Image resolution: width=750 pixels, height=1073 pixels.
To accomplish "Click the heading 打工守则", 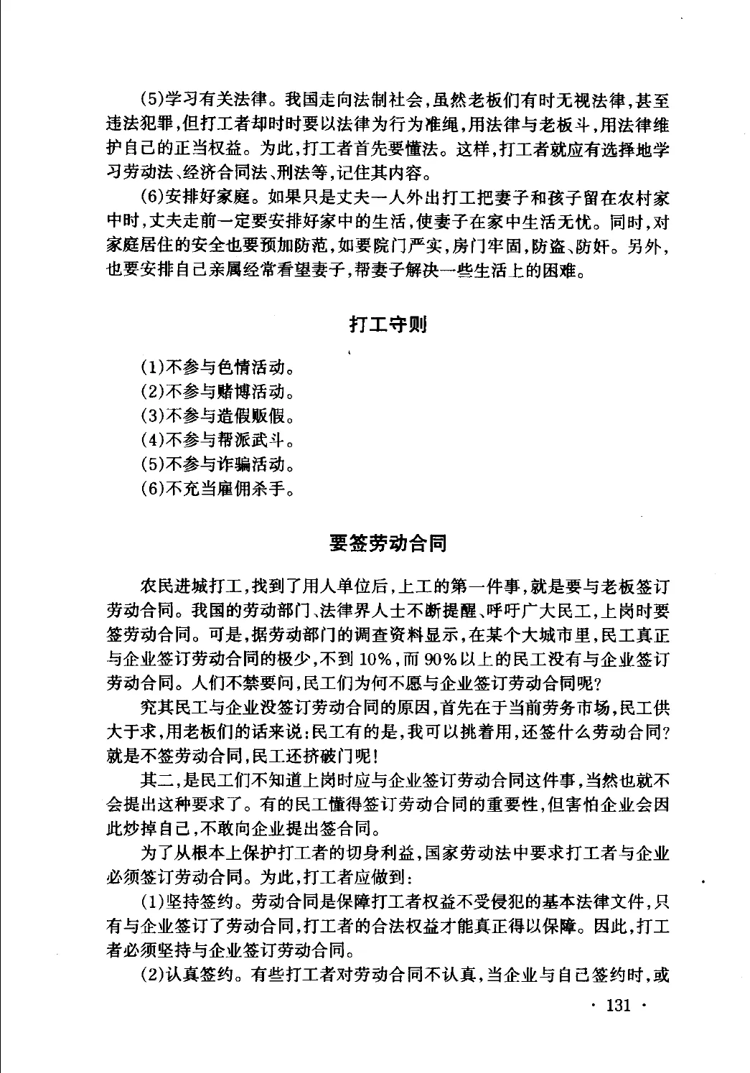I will pos(388,324).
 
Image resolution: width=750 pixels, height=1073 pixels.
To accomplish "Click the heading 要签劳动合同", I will pos(388,543).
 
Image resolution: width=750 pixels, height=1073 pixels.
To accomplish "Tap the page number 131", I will pos(618,1005).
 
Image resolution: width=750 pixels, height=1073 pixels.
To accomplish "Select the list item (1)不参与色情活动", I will pos(217,369).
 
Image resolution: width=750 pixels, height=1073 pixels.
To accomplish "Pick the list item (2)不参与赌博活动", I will pos(217,393).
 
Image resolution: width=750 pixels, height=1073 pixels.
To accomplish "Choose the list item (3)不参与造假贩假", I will pos(217,416).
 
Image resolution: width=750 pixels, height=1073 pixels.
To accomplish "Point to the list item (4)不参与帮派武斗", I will pos(217,440).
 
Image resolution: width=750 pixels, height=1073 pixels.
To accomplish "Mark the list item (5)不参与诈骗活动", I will pos(217,464).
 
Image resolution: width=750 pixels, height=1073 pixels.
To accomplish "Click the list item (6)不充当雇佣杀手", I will pos(217,489).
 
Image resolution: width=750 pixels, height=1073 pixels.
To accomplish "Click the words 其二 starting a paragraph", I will pos(156,781).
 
